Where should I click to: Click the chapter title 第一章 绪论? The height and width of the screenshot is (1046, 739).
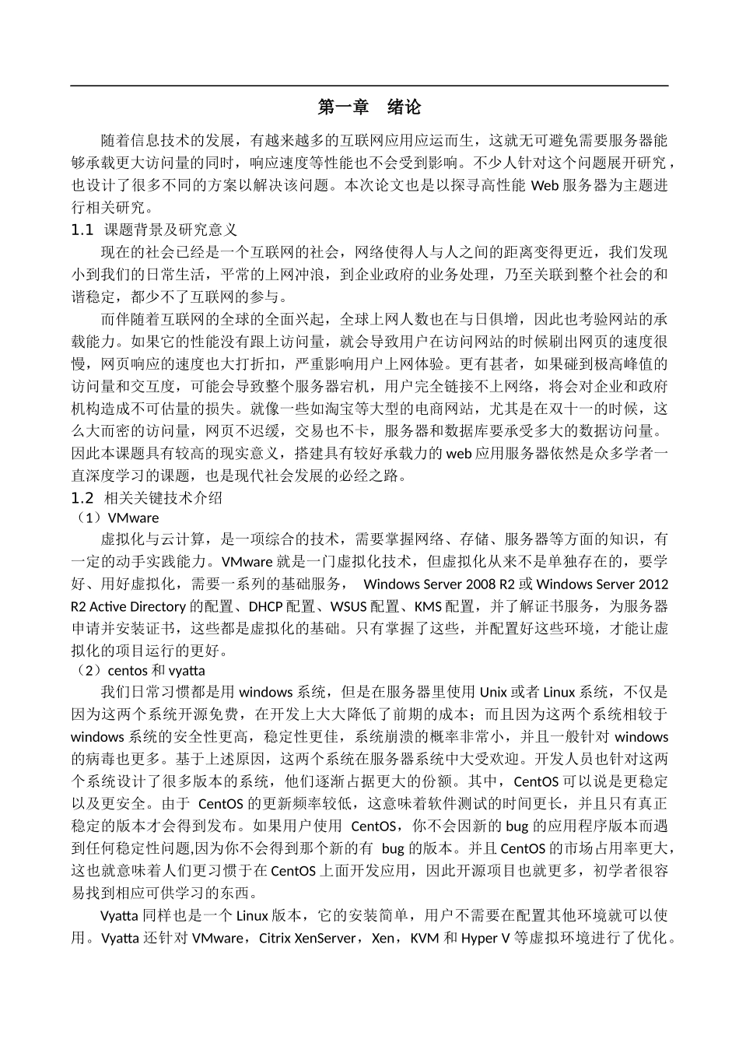(x=369, y=107)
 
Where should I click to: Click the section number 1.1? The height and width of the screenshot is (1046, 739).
(x=82, y=230)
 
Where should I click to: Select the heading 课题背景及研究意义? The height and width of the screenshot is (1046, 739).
(x=170, y=230)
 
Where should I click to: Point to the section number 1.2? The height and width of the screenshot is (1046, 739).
(x=82, y=497)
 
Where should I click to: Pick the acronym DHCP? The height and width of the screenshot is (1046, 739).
(x=267, y=606)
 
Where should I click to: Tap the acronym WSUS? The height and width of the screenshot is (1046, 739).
(x=349, y=606)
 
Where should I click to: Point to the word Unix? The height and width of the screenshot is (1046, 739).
(x=493, y=692)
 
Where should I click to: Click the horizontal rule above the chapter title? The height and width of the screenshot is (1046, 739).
(x=369, y=86)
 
